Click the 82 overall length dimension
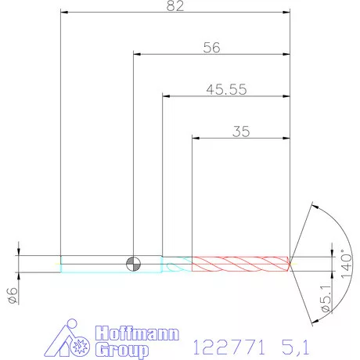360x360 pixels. pyautogui.click(x=175, y=5)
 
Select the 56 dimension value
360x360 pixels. pyautogui.click(x=211, y=48)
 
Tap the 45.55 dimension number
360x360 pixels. pyautogui.click(x=226, y=89)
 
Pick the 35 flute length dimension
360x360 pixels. pyautogui.click(x=241, y=131)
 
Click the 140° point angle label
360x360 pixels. pyautogui.click(x=347, y=264)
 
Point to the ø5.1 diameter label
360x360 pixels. pyautogui.click(x=326, y=298)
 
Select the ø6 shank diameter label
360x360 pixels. pyautogui.click(x=13, y=296)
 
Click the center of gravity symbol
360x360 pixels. pyautogui.click(x=133, y=264)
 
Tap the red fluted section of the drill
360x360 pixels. pyautogui.click(x=241, y=264)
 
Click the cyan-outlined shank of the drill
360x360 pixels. pyautogui.click(x=111, y=264)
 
